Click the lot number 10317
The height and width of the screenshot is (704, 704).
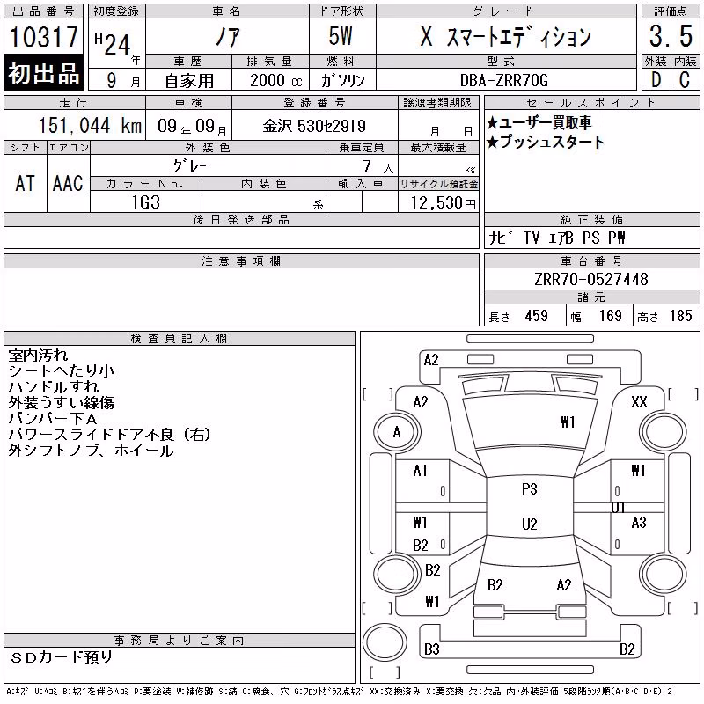coord(43,36)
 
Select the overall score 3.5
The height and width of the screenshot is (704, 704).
coord(671,36)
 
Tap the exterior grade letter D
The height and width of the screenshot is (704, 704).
coord(656,80)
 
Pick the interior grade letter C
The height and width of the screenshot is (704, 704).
coord(685,80)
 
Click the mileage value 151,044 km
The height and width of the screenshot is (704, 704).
coord(90,125)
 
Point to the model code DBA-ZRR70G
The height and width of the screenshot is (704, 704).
coord(504,80)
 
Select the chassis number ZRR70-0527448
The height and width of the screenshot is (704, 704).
coord(591,279)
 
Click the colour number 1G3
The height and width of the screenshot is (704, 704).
coord(146,202)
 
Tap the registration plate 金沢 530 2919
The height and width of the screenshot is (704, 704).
coord(314,126)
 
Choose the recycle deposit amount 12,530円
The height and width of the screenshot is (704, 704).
coord(444,203)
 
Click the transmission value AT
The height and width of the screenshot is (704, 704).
coord(26,183)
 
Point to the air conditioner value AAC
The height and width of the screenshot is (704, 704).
coord(68,183)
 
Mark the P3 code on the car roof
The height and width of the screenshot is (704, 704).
coord(530,488)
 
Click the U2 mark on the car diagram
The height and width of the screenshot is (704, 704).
coord(530,524)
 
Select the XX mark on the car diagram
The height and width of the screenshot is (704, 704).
coord(639,402)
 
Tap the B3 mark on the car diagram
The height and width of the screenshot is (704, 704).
coord(432,649)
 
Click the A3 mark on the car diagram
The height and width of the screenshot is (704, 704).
coord(639,522)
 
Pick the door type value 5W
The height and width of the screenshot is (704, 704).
coord(341,36)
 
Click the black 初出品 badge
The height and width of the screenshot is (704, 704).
coord(43,72)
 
